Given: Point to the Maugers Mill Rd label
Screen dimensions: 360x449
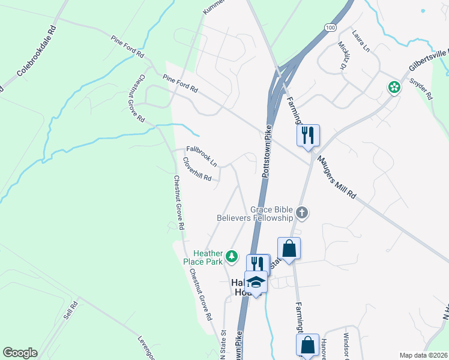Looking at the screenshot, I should [337, 178].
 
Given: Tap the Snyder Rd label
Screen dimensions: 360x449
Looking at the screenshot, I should [421, 88].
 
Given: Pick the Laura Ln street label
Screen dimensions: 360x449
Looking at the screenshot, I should [362, 41].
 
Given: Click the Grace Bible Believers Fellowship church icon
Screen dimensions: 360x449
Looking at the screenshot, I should [302, 212].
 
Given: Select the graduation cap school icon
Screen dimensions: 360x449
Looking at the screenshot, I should [256, 282].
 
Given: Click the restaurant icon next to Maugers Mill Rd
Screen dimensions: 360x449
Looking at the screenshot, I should [308, 135].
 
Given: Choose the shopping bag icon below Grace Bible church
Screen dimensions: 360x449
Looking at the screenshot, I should [289, 248].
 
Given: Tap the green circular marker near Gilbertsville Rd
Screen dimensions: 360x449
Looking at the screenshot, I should [394, 88].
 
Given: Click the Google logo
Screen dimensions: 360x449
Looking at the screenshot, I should [20, 353].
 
